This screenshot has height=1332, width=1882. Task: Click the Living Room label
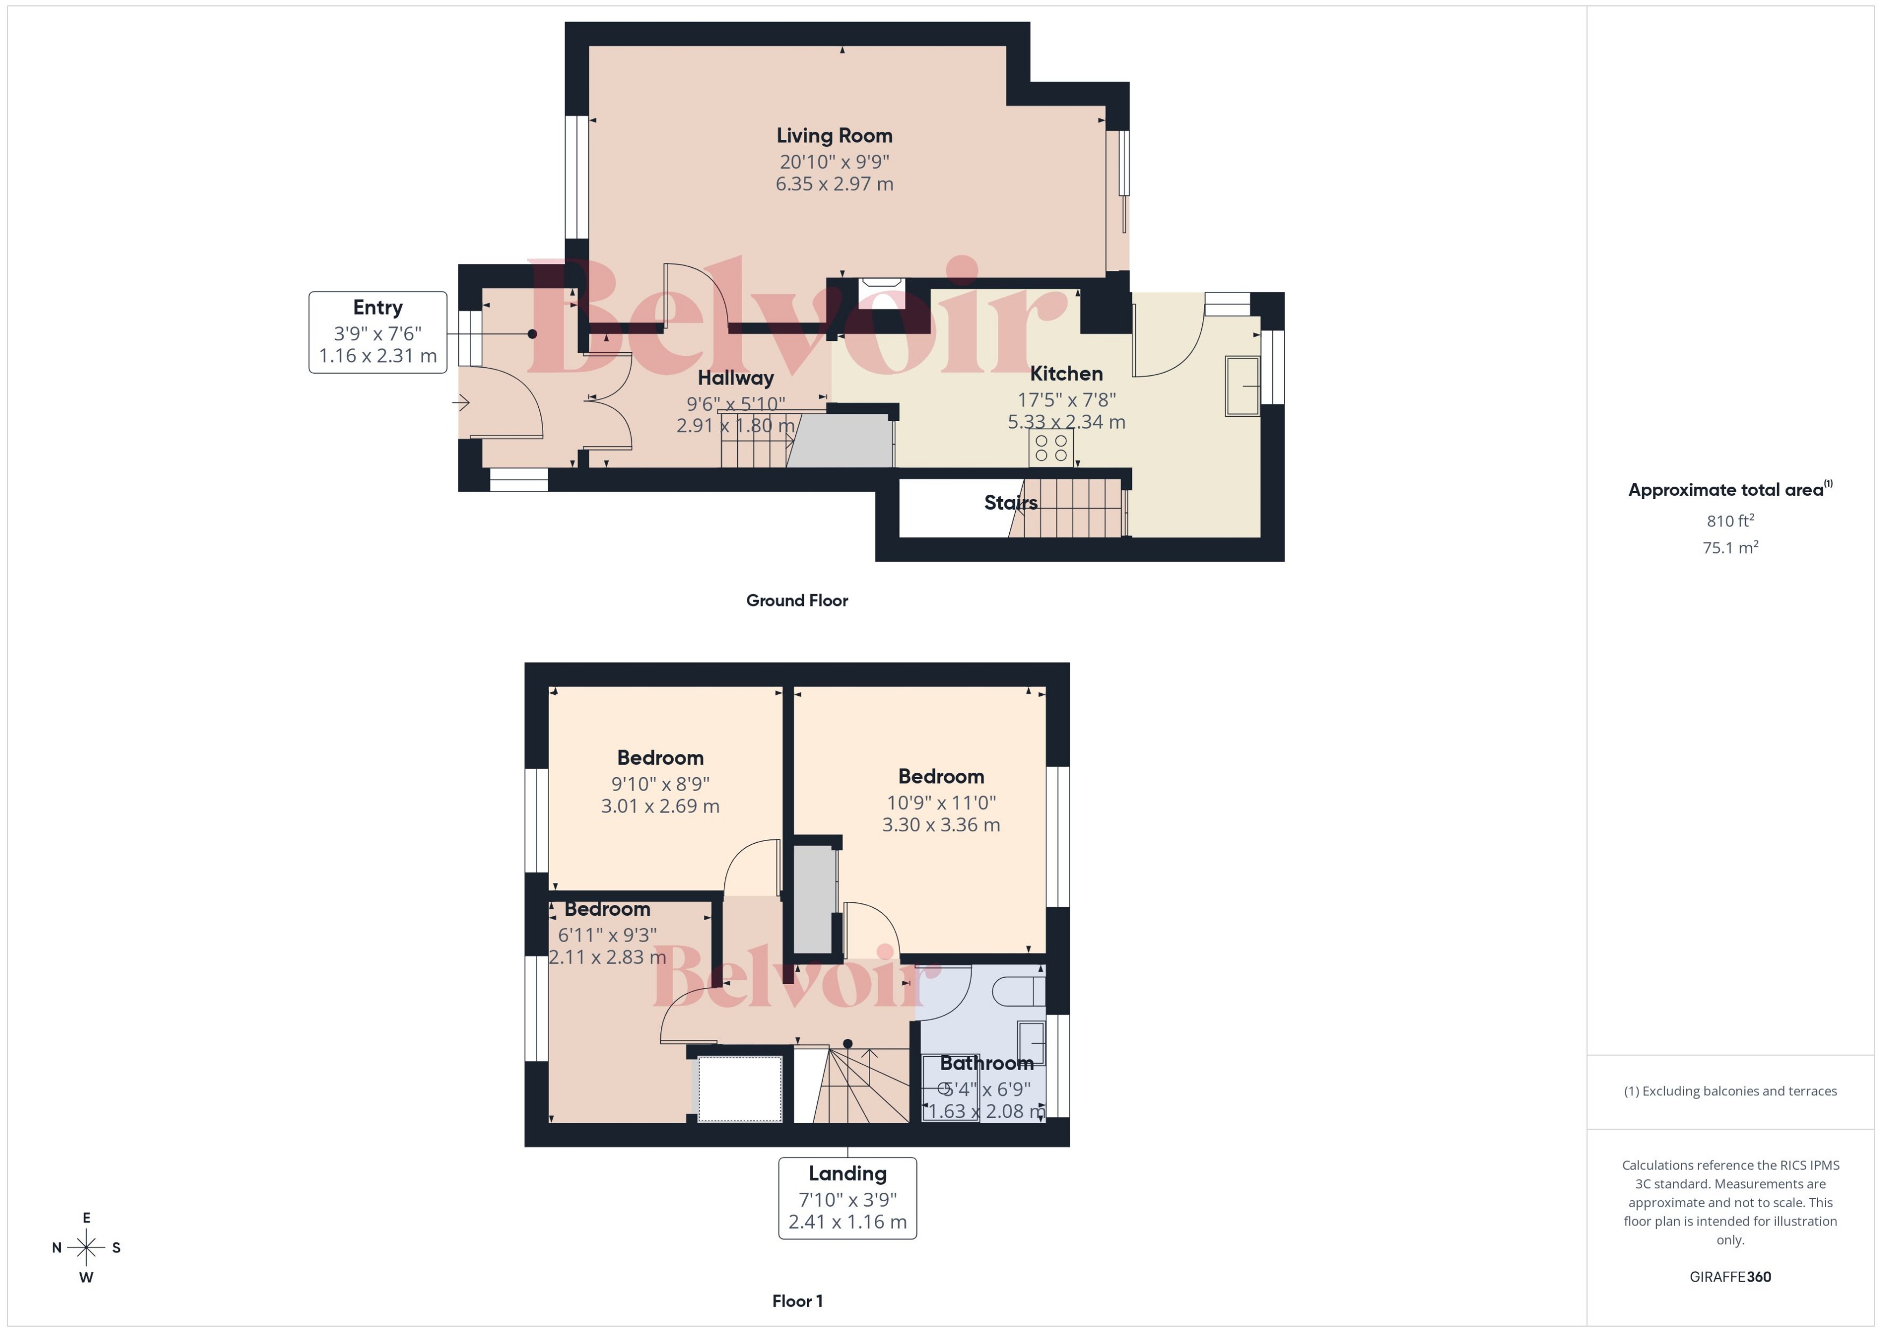[x=834, y=136]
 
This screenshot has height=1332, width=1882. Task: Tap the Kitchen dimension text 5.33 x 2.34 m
[x=1066, y=422]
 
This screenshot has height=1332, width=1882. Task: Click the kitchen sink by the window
[x=1242, y=386]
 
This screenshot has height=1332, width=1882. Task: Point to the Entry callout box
[x=377, y=332]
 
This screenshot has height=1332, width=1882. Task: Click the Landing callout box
[x=847, y=1198]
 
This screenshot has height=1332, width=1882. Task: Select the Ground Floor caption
[x=796, y=600]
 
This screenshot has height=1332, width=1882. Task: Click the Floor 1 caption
[x=797, y=1301]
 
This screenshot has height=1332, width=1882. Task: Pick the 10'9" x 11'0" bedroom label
[x=940, y=802]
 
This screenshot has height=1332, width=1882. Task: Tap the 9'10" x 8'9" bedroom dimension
[x=660, y=783]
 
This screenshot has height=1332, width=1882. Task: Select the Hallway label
[x=736, y=378]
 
